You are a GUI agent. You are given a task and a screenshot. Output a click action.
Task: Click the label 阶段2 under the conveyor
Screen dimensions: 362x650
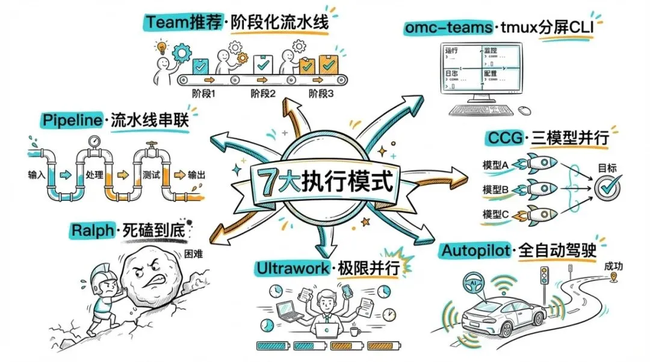(x=262, y=94)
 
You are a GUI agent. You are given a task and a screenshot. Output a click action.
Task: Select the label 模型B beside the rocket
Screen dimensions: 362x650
(x=496, y=189)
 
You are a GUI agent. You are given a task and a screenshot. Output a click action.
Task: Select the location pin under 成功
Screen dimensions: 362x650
(x=614, y=277)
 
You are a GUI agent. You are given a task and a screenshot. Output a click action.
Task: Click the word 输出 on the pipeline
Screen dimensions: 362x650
(x=196, y=176)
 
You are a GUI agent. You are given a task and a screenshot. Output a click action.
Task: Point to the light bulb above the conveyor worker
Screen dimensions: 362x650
(x=161, y=46)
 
